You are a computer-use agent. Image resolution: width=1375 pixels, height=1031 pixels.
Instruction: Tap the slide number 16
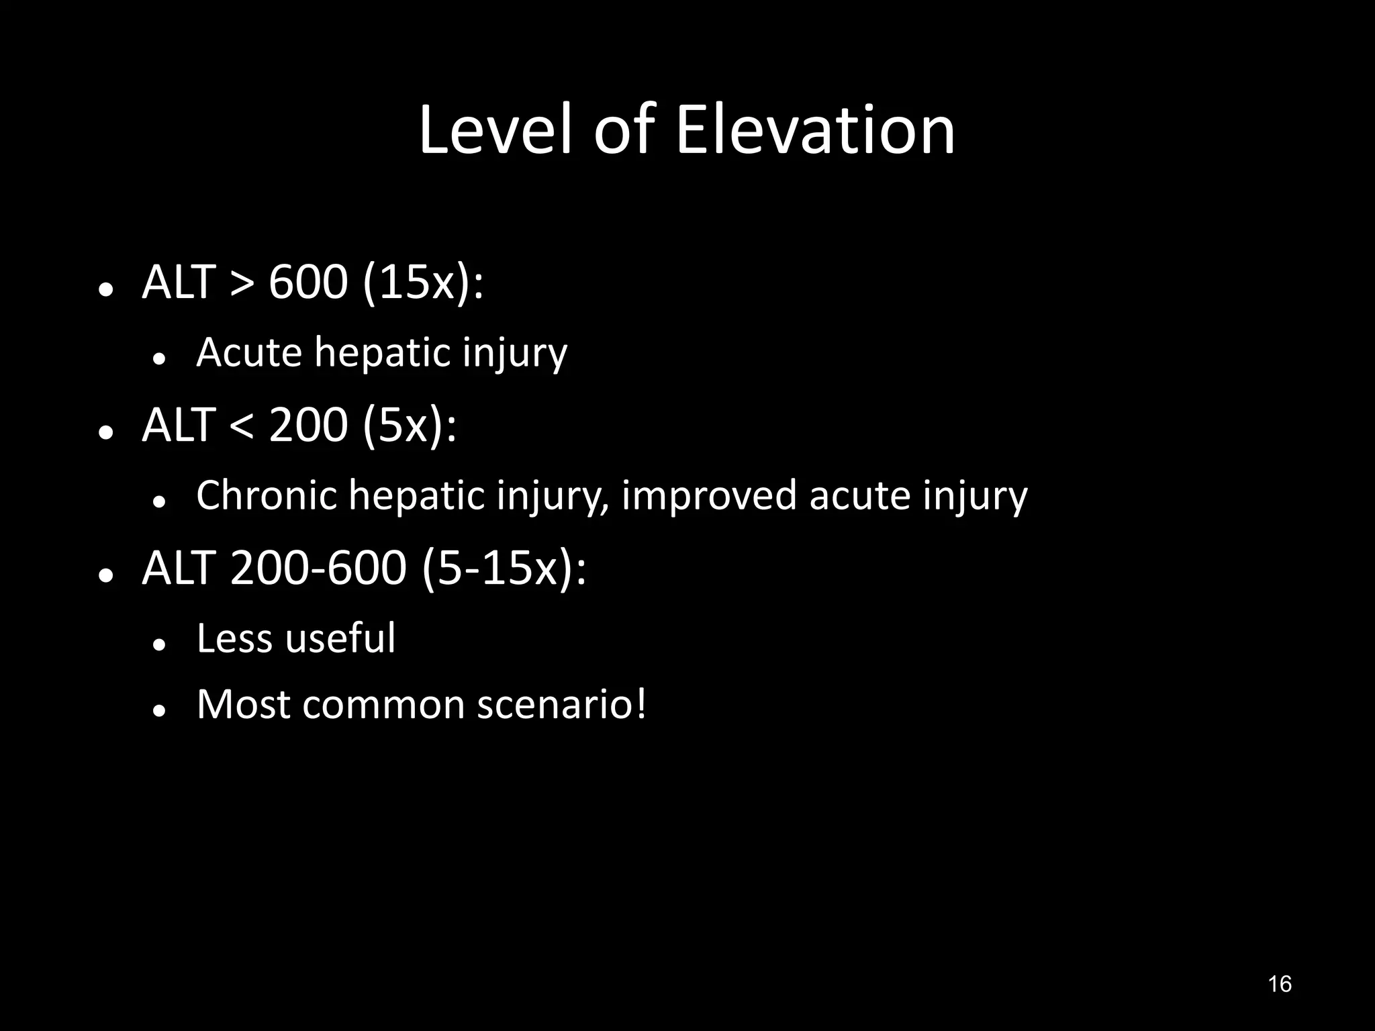coord(1280,984)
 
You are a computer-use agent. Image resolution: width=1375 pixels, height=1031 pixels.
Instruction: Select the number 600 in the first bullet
coord(308,282)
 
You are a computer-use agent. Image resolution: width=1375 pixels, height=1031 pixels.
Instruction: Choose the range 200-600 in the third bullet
coord(318,568)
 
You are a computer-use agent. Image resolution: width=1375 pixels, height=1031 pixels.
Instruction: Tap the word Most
coord(244,705)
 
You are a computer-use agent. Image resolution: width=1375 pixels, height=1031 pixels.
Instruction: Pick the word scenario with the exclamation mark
coord(561,705)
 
